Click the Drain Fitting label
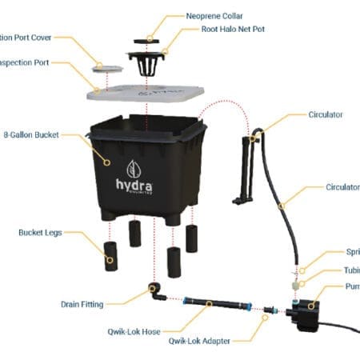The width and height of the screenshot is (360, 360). click(81, 304)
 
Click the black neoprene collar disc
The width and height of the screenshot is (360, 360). click(149, 38)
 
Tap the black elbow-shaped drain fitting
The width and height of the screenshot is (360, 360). click(155, 290)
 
